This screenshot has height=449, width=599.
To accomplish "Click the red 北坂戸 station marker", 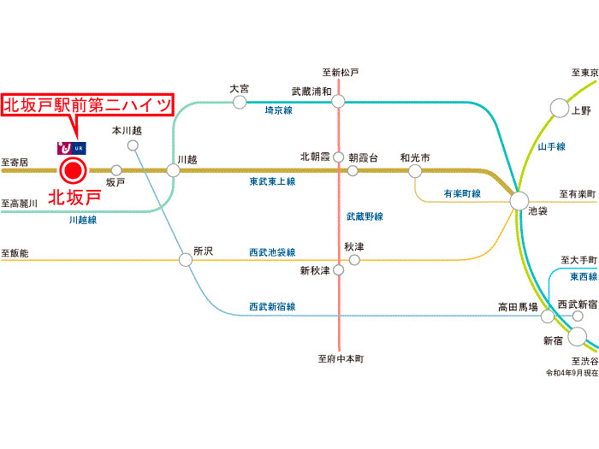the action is point(73,171).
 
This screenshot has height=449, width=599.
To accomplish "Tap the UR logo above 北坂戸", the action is point(72,148).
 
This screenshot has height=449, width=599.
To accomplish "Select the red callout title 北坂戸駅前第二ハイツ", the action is point(87,104).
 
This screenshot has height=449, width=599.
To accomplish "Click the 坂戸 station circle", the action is point(116,170).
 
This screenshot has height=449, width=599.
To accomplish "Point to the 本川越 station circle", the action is point(133,145).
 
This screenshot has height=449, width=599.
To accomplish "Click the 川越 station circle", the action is point(173,170).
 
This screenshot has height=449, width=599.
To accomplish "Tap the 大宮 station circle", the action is point(240,102).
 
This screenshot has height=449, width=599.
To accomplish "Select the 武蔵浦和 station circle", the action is point(338,102).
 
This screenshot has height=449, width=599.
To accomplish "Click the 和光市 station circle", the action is point(415,171).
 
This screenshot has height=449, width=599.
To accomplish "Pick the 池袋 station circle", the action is point(519,201).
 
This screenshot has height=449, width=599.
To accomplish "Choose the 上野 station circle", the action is point(560,108).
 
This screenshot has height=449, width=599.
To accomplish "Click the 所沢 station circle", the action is point(186,260).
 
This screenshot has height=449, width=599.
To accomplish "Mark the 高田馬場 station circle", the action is point(548,316).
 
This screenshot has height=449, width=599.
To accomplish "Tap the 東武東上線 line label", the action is point(272,181).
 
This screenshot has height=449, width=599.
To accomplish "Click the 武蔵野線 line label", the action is point(365,216).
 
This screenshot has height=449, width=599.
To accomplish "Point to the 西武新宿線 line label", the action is point(272,306).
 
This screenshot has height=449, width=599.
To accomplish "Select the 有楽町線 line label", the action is point(462,193).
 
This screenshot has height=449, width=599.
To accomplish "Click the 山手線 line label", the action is point(552,146).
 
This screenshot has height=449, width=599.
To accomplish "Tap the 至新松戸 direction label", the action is point(341,72).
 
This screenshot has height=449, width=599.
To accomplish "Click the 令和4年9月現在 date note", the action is point(572,373).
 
